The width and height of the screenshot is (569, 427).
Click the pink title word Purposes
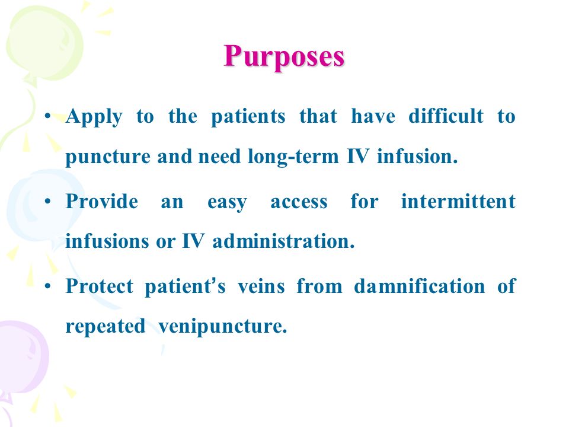point(284,57)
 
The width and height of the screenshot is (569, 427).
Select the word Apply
point(94,117)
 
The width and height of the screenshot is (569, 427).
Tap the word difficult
point(446,116)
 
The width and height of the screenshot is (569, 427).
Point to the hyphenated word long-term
point(293,157)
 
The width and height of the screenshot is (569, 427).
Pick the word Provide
point(102,201)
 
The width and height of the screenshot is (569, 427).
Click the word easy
point(227,203)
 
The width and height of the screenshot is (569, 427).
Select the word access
point(299,203)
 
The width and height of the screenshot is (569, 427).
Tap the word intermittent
point(458,201)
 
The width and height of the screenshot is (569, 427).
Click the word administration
point(283,241)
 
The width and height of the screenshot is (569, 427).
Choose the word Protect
point(100,286)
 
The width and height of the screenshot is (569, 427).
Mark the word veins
point(261,286)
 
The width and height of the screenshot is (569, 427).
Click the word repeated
point(106,326)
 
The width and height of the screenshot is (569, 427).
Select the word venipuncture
point(223,326)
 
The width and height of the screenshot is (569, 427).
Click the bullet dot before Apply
point(47,116)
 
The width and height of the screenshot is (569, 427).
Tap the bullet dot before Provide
point(47,201)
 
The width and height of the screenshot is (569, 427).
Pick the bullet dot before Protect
point(47,286)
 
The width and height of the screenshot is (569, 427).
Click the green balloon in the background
point(43,43)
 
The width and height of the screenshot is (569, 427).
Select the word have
point(373,116)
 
